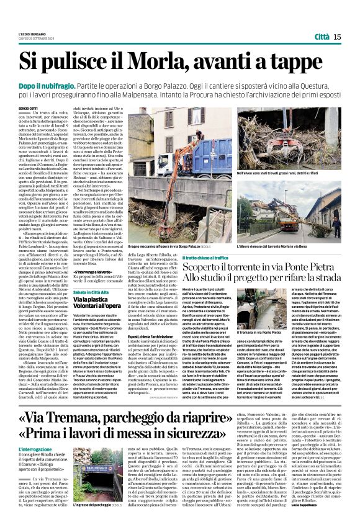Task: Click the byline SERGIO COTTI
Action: (28, 108)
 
